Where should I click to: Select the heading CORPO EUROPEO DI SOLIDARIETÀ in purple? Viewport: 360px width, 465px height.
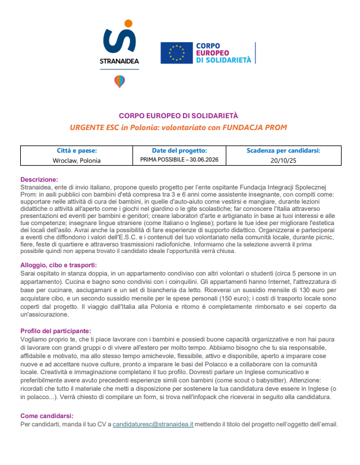[x=179, y=116]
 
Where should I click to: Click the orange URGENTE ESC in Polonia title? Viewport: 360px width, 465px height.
[x=179, y=128]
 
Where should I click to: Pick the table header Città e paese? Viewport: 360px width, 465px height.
[x=76, y=151]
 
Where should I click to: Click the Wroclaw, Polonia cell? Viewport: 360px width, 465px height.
[x=76, y=160]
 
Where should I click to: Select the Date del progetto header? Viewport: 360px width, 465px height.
[x=179, y=151]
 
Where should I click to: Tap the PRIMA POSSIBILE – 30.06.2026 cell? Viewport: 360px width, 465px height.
[x=179, y=160]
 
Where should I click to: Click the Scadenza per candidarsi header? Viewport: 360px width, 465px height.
[x=283, y=151]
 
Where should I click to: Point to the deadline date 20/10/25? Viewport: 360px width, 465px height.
[x=283, y=160]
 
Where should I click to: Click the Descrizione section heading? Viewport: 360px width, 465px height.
[x=39, y=179]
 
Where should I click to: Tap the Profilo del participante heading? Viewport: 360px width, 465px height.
[x=56, y=330]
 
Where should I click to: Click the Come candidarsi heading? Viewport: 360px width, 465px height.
[x=46, y=415]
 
